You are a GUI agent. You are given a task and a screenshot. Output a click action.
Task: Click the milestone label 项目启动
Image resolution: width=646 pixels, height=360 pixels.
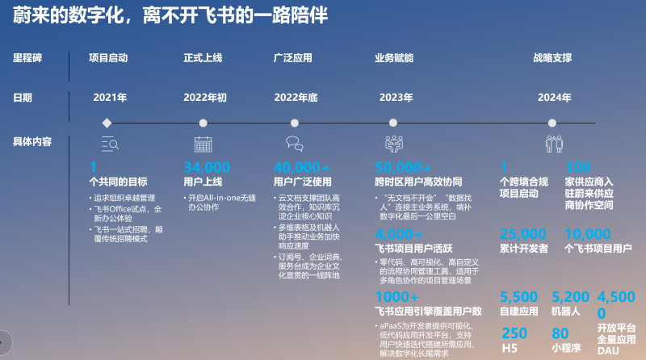pyautogui.click(x=108, y=58)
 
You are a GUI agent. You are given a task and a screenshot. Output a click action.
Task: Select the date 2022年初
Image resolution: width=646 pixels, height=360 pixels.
pyautogui.click(x=205, y=98)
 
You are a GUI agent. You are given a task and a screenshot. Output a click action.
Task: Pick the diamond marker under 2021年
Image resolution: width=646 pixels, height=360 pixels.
pyautogui.click(x=107, y=123)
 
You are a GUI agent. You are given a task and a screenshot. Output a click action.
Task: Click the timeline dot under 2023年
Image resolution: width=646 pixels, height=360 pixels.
pyautogui.click(x=395, y=123)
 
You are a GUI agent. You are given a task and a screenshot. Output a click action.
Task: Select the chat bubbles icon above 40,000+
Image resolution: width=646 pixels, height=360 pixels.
pyautogui.click(x=294, y=144)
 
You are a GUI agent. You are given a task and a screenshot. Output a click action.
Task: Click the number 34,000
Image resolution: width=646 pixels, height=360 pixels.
pyautogui.click(x=208, y=168)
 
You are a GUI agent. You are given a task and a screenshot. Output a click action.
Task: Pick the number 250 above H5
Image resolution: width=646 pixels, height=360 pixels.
pyautogui.click(x=514, y=333)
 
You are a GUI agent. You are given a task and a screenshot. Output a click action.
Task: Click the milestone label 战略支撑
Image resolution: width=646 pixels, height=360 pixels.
pyautogui.click(x=552, y=58)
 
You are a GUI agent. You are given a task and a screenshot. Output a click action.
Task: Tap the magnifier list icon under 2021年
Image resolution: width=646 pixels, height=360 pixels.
pyautogui.click(x=110, y=144)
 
